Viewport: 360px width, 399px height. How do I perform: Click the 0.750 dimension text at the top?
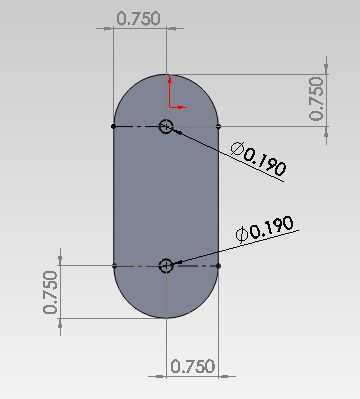139,19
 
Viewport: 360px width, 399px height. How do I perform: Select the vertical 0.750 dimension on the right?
316,99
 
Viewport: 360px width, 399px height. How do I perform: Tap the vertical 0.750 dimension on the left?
50,292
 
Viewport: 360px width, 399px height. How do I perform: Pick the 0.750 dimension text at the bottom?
193,366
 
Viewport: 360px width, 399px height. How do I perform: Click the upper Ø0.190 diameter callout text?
259,158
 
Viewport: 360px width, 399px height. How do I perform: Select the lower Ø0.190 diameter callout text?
265,229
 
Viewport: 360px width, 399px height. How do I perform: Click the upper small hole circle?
166,126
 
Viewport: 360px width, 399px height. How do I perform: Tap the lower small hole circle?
166,266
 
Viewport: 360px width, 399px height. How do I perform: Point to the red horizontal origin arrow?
180,107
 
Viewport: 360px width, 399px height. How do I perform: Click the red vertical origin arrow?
170,92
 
